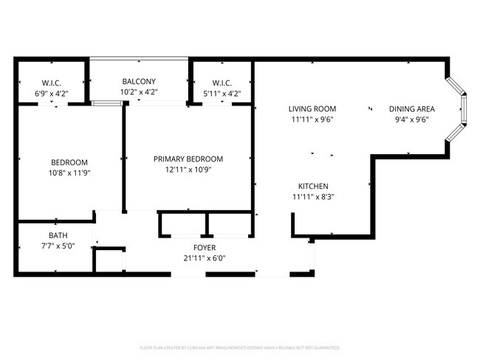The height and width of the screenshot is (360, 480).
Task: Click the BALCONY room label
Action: click(139, 81)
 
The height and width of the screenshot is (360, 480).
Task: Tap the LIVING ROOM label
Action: click(312, 108)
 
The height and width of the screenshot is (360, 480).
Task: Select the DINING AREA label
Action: click(412, 108)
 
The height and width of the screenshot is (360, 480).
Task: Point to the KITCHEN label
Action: click(313, 186)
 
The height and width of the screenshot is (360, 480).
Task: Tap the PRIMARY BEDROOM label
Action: click(188, 159)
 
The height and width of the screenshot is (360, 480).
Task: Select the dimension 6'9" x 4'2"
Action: click(52, 93)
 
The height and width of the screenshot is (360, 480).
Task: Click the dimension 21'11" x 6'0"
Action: click(205, 258)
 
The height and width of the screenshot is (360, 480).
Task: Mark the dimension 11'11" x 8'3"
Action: click(313, 196)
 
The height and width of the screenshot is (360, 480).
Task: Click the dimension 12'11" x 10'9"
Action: click(188, 169)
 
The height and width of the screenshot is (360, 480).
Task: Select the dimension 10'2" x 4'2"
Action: click(139, 91)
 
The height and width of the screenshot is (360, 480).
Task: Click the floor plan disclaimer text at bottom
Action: click(239, 347)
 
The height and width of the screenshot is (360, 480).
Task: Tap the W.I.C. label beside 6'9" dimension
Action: click(52, 83)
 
